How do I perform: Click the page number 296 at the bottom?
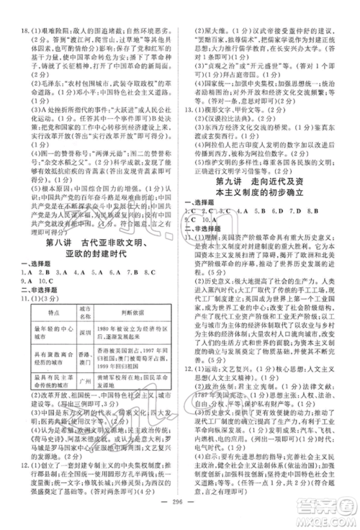180,502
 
